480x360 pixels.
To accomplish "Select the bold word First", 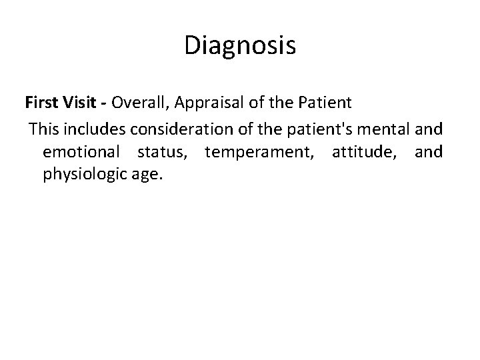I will [41, 103].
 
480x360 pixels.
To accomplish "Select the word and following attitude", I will [428, 152].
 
